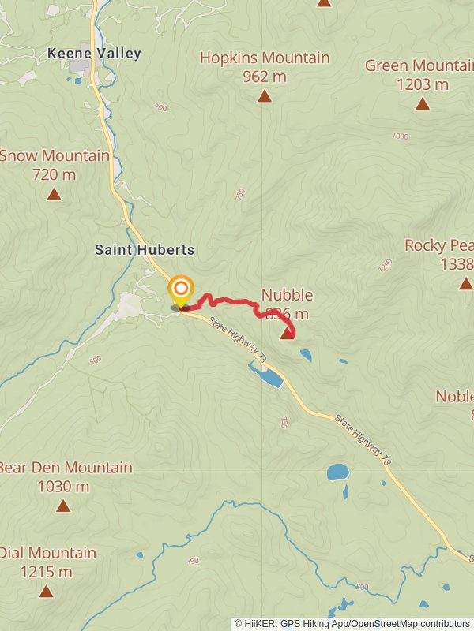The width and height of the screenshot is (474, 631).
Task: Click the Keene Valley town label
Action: [x=94, y=54]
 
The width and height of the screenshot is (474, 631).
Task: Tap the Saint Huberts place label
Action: [x=145, y=249]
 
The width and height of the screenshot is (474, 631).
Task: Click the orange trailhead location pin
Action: [x=181, y=290]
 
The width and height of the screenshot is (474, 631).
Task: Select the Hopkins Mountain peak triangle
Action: [x=265, y=96]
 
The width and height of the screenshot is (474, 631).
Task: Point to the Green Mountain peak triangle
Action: [x=423, y=103]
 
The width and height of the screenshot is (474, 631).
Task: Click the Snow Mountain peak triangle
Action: [x=54, y=194]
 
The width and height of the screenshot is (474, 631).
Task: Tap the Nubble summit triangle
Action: [x=287, y=334]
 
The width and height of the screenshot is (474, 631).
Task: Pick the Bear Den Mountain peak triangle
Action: [x=63, y=506]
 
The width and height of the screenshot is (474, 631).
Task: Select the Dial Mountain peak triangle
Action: [x=47, y=591]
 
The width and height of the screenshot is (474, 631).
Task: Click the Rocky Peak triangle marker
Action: [x=465, y=283]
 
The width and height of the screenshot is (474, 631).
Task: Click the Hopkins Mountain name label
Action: [x=265, y=58]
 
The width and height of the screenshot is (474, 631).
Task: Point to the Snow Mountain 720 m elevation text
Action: [x=55, y=174]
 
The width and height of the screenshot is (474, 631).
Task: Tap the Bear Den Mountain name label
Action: [x=66, y=467]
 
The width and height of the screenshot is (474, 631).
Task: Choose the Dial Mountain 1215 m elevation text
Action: [x=47, y=572]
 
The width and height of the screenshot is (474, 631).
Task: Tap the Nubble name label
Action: [x=287, y=295]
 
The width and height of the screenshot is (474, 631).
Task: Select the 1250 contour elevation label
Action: [x=385, y=266]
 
